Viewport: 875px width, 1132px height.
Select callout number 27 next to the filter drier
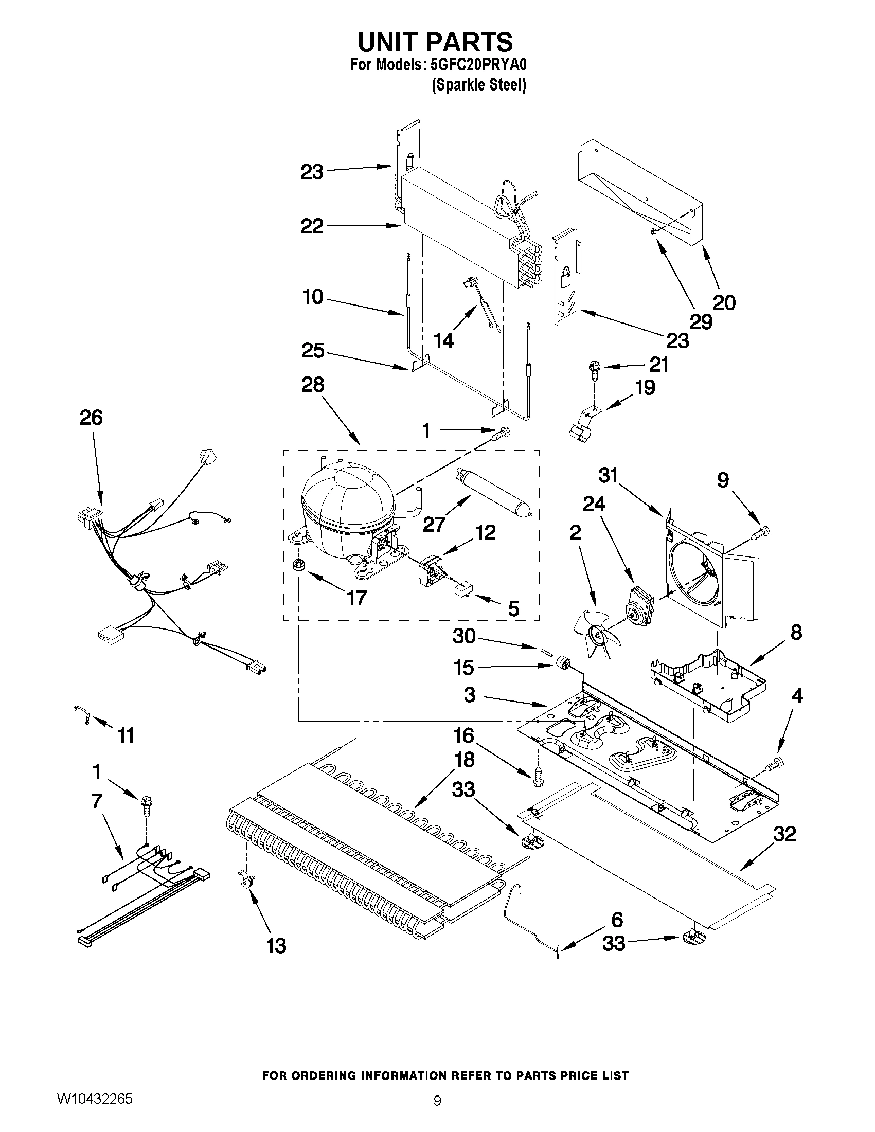(434, 524)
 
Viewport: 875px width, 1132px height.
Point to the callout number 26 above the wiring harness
(91, 418)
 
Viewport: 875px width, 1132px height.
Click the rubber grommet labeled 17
(298, 565)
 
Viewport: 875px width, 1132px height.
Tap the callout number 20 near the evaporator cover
(724, 302)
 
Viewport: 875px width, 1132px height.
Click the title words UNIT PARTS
(435, 42)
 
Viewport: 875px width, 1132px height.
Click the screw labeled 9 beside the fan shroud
(764, 530)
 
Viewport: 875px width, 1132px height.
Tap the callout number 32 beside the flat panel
(784, 834)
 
